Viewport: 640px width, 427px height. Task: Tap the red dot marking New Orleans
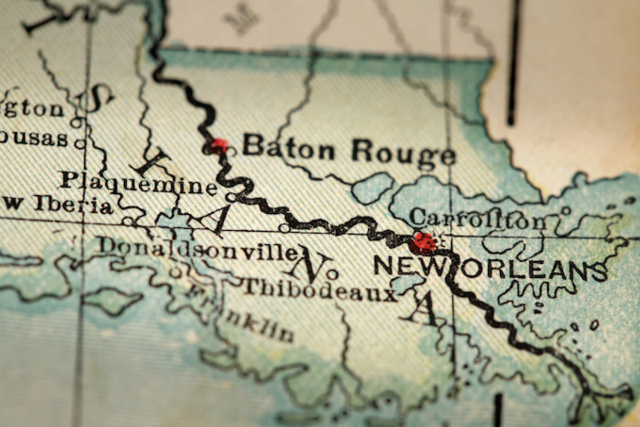pyautogui.click(x=423, y=242)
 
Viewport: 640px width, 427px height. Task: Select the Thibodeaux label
pyautogui.click(x=319, y=289)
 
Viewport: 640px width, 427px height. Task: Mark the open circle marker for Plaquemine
pyautogui.click(x=231, y=197)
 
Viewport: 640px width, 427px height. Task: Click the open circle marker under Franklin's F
pyautogui.click(x=175, y=272)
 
